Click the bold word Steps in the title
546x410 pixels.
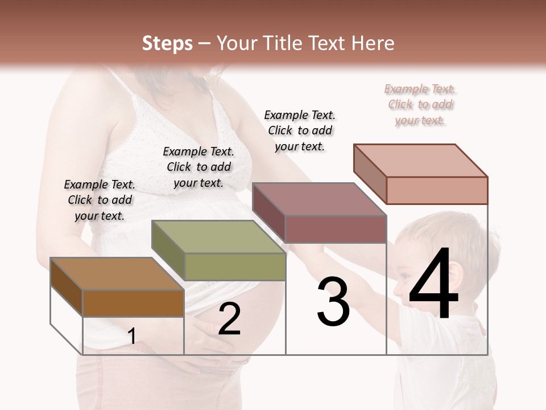(x=167, y=43)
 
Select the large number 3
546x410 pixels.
(x=333, y=302)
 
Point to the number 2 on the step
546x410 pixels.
(x=229, y=319)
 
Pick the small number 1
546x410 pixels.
(x=131, y=337)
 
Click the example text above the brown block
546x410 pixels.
(x=100, y=200)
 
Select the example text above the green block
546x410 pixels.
(x=198, y=167)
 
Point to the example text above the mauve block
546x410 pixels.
(x=300, y=130)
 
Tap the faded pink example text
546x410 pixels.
(x=420, y=104)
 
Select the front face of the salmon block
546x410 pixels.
(x=436, y=190)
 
